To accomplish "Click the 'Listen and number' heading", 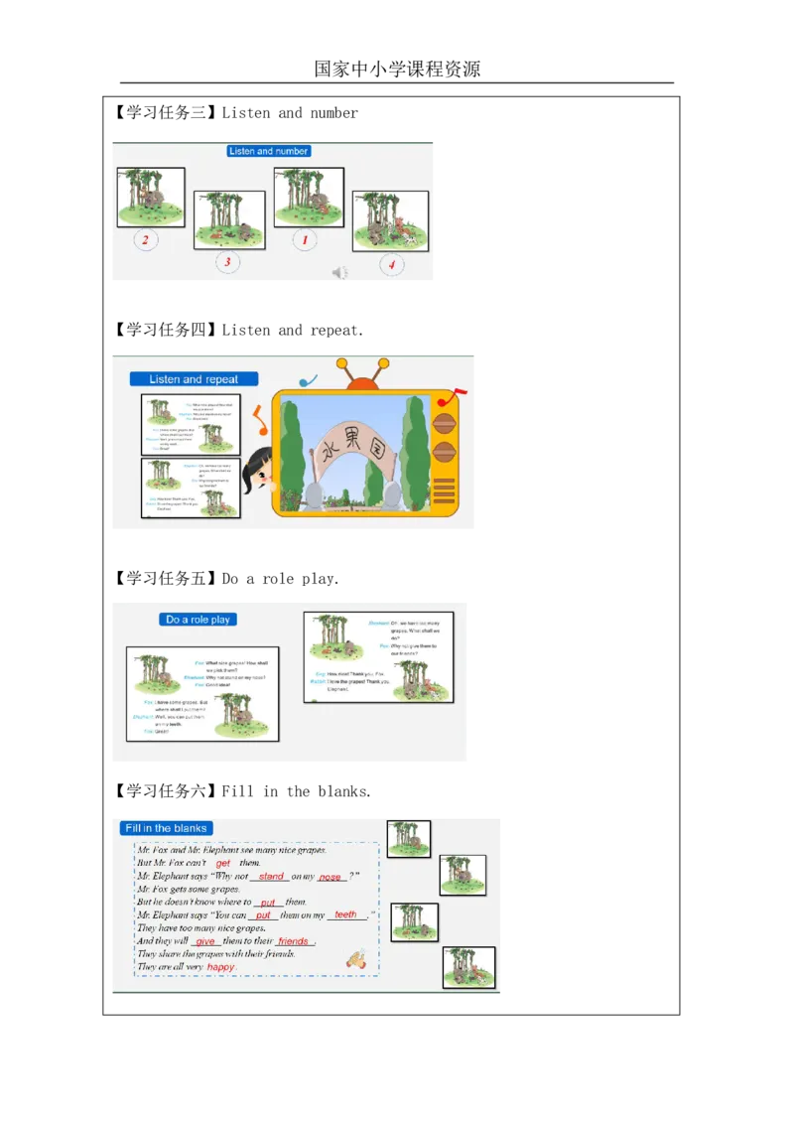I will click(269, 151).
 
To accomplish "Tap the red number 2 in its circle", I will click(146, 240).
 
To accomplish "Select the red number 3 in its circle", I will click(227, 262).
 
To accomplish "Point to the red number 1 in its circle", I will click(305, 240).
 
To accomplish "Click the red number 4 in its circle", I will click(391, 265).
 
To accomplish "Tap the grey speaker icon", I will click(339, 273).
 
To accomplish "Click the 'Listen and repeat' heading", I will click(195, 379).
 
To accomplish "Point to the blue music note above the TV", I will click(307, 380).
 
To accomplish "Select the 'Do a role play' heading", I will click(198, 620).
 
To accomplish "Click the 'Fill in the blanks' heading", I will click(165, 828).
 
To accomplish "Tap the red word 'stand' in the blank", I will click(271, 877).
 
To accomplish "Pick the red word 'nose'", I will click(331, 877).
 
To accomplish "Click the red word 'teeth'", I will click(345, 915).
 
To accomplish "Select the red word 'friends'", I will click(293, 941).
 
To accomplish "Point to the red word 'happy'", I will click(221, 967).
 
